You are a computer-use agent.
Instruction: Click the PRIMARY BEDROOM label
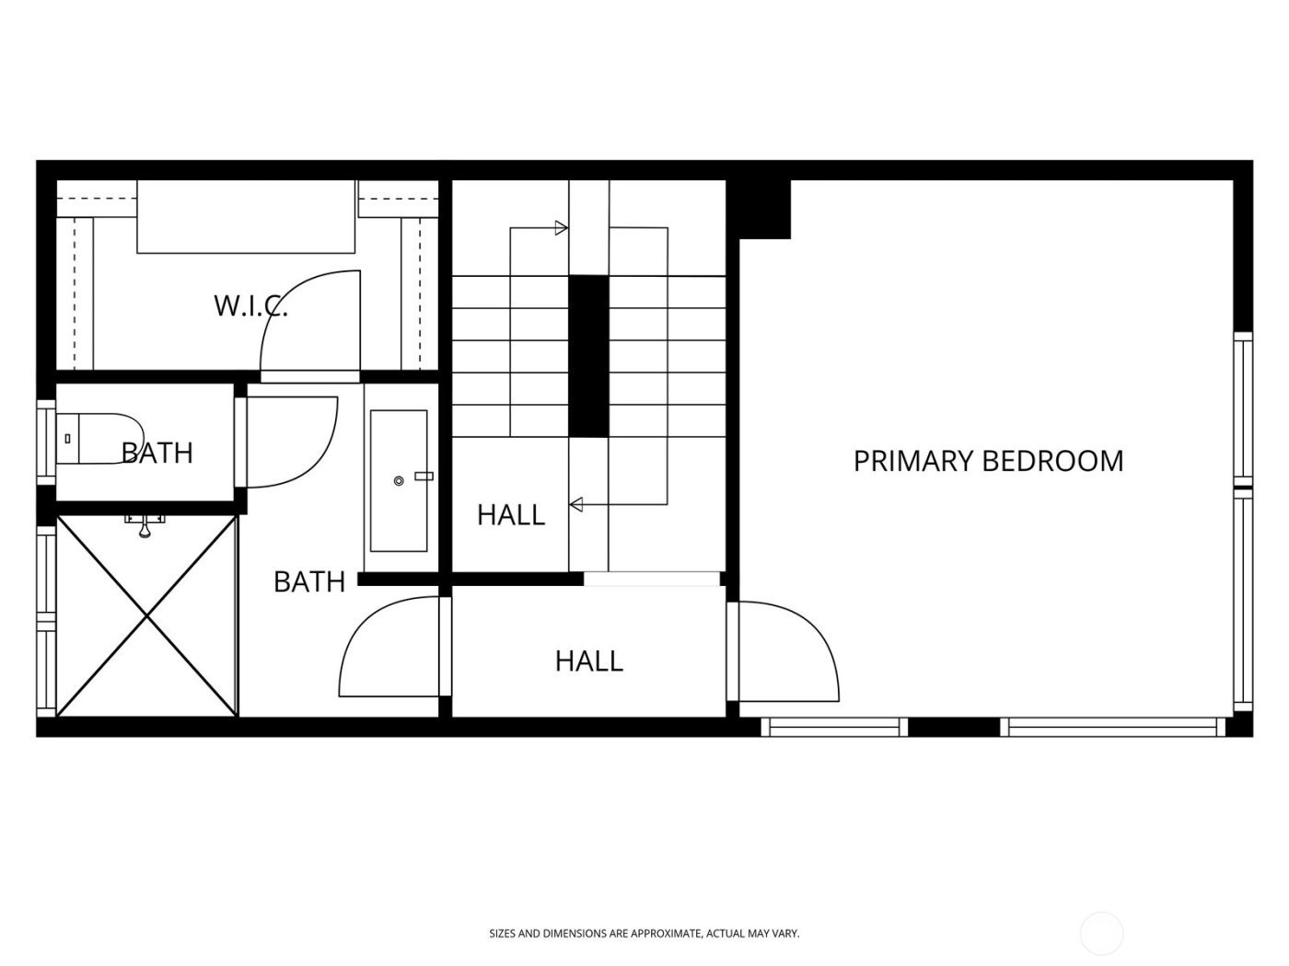click(x=988, y=460)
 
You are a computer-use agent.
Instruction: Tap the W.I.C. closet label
click(x=250, y=305)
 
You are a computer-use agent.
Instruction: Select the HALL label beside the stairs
click(x=511, y=514)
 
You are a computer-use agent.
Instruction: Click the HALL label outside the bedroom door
click(x=588, y=661)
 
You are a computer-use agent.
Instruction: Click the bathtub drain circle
click(x=399, y=481)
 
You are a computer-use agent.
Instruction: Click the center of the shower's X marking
click(x=147, y=615)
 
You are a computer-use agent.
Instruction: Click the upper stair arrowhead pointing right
click(x=562, y=227)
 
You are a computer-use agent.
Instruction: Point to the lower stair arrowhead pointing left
click(x=576, y=504)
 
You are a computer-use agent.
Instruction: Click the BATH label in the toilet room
click(x=157, y=453)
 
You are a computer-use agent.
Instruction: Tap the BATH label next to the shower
click(x=309, y=581)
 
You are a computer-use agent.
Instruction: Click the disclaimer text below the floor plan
click(x=644, y=934)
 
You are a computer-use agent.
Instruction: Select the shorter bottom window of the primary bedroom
click(x=833, y=728)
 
